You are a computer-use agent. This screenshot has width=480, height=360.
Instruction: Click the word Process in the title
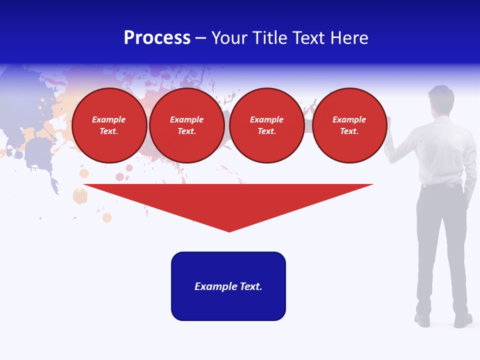click(157, 38)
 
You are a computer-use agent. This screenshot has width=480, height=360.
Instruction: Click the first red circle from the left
click(109, 125)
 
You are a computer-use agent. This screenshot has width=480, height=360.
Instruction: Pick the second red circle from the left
click(187, 125)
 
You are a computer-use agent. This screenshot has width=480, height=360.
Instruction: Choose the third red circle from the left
click(266, 125)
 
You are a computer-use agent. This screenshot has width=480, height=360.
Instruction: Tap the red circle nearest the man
click(349, 125)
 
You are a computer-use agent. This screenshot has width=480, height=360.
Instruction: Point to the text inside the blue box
click(228, 286)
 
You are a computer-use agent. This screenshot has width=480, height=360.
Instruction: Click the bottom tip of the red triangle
click(229, 230)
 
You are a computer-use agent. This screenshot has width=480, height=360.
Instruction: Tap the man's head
click(441, 98)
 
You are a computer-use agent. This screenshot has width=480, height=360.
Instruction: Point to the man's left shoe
click(422, 320)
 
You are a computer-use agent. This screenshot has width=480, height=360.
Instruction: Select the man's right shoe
click(463, 320)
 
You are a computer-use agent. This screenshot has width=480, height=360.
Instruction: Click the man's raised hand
click(390, 122)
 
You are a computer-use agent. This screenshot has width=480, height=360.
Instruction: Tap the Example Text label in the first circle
click(109, 125)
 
